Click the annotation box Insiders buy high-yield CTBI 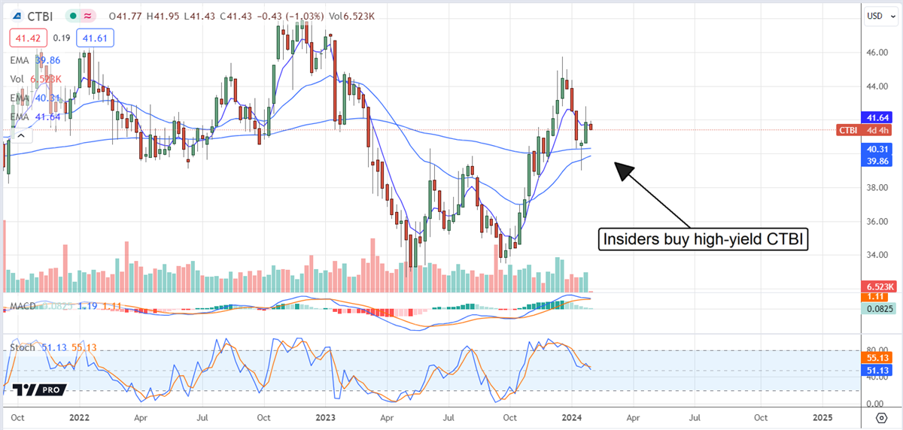click(703, 240)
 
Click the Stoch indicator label click(23, 348)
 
